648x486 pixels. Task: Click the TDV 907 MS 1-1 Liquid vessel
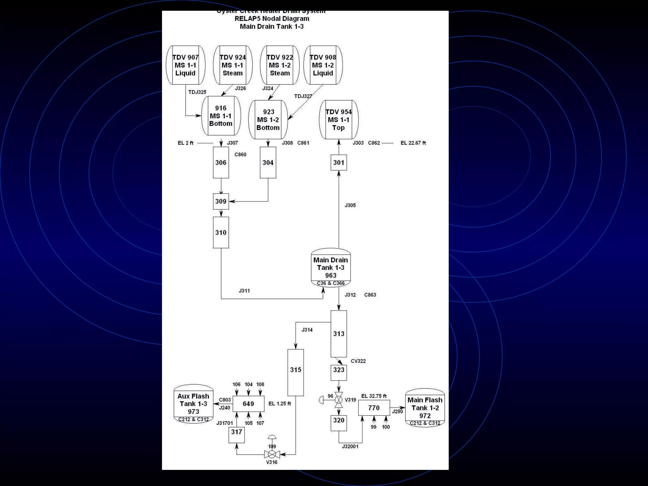(185, 65)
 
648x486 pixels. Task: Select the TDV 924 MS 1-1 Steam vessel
(233, 65)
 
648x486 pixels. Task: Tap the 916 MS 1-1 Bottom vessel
(221, 116)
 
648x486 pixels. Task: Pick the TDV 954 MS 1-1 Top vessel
(339, 120)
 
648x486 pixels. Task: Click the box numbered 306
(221, 163)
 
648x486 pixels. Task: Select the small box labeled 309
(221, 201)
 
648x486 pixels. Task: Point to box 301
(339, 163)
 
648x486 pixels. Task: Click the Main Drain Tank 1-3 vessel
(331, 268)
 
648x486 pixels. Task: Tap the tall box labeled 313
(339, 334)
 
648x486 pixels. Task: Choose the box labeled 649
(248, 404)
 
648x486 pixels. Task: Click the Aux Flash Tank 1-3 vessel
(193, 404)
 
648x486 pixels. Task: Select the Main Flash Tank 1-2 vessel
(425, 408)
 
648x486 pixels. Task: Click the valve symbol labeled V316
(272, 455)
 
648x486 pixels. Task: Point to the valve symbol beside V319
(339, 400)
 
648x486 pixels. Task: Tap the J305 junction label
(350, 205)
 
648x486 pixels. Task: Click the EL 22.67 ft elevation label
(413, 143)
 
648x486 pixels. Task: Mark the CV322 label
(358, 361)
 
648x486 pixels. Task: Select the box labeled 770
(374, 408)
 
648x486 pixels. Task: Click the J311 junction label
(244, 291)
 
